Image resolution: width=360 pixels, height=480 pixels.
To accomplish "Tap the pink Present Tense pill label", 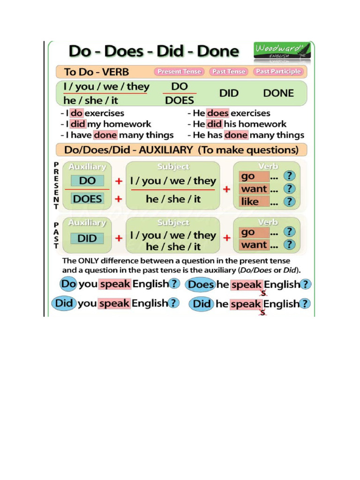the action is (179, 72).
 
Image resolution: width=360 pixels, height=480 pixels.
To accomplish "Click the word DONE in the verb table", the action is (278, 93).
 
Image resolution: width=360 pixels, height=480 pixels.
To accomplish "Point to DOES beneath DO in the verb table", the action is (179, 100).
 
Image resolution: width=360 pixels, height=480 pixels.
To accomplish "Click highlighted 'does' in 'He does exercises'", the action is (217, 113).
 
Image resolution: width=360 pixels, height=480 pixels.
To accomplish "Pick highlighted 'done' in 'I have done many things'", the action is (105, 135).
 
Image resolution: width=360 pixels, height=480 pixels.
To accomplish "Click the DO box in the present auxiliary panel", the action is (88, 181).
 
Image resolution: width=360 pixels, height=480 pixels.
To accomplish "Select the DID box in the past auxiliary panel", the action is (87, 238).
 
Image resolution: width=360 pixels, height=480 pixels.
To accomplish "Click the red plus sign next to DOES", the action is (119, 199).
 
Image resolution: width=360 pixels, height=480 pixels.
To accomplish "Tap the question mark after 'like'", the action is (291, 202).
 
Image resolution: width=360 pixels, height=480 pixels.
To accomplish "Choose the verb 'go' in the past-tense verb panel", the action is (248, 232).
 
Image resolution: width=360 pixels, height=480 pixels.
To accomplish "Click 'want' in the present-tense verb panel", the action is (254, 189).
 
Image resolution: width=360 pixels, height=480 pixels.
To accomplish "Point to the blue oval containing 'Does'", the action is (201, 284).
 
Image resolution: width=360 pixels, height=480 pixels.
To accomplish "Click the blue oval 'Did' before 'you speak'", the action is (64, 303).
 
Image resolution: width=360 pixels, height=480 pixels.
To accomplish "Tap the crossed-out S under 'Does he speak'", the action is (263, 293).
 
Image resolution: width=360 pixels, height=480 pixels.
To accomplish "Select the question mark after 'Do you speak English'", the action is (174, 284).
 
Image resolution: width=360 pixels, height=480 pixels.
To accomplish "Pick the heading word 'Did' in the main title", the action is (174, 52).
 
